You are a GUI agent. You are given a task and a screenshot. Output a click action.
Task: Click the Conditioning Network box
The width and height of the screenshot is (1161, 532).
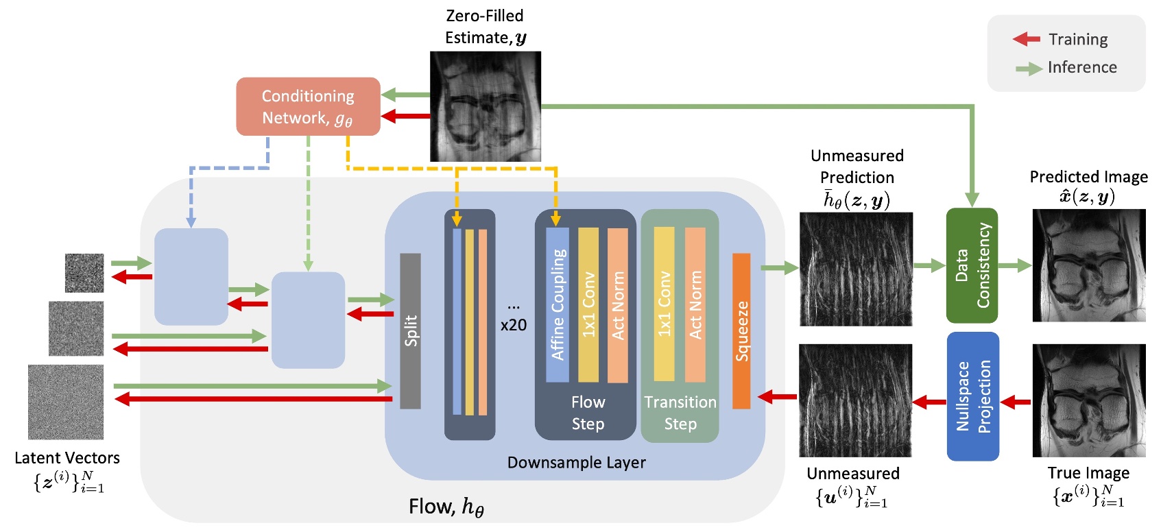[x=308, y=106]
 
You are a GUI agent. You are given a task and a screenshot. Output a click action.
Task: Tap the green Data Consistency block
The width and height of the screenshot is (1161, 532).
[x=972, y=265]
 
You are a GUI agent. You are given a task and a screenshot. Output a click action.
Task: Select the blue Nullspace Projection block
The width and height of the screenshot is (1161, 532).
[x=972, y=396]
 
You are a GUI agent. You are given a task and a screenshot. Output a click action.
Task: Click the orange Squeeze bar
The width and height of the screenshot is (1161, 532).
[x=741, y=330]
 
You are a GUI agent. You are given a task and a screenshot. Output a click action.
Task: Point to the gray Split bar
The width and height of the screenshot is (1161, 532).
[x=410, y=330]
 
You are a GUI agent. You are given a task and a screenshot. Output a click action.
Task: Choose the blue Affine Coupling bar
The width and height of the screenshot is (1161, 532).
[x=558, y=304]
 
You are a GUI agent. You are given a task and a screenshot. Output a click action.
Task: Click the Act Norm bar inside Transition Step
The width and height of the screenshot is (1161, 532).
[x=695, y=304]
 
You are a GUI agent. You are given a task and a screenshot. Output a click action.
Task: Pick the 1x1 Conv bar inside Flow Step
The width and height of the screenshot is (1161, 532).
[x=588, y=304]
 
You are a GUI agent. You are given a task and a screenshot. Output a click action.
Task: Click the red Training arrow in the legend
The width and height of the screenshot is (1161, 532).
[x=1027, y=39]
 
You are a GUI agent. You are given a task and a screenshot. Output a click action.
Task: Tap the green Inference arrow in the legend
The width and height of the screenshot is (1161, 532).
[x=1029, y=68]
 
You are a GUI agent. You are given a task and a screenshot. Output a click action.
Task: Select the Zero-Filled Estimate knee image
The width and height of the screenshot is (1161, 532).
[x=485, y=106]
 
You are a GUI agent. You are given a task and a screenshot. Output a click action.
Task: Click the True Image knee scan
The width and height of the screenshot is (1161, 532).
[x=1089, y=400]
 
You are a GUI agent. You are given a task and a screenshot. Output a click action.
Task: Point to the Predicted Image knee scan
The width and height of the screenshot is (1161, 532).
[x=1089, y=265]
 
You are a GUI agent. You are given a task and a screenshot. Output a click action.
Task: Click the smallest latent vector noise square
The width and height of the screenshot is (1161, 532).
[x=84, y=273]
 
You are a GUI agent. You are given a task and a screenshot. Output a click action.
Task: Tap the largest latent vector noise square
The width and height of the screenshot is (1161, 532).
[x=66, y=402]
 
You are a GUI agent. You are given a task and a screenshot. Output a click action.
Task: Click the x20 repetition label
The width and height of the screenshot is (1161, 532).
[x=514, y=325]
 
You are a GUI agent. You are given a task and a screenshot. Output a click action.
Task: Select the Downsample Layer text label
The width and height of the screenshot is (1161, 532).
[x=576, y=463]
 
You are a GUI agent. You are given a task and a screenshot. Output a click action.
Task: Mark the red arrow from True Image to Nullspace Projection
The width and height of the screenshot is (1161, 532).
[x=1016, y=402]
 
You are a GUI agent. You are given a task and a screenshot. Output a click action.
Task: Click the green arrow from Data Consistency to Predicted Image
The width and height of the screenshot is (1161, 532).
[x=1015, y=265]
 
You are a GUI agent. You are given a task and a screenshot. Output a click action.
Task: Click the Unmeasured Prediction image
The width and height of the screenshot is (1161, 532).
[x=856, y=269]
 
